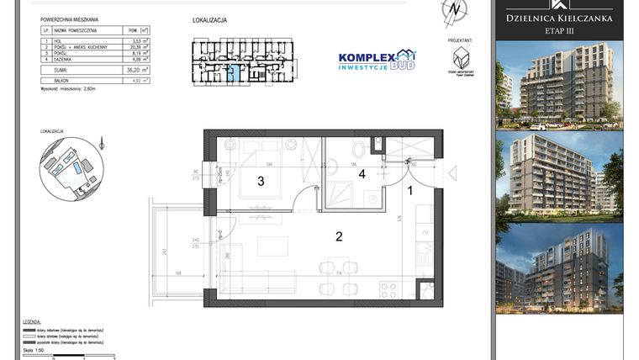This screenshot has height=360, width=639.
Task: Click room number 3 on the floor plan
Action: (x=261, y=181)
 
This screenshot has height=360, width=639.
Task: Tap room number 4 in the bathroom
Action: (x=363, y=174)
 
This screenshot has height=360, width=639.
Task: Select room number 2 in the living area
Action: (x=339, y=236)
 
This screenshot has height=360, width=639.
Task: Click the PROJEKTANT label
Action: (x=460, y=40)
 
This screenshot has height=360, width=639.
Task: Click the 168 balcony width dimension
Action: (x=178, y=273)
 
